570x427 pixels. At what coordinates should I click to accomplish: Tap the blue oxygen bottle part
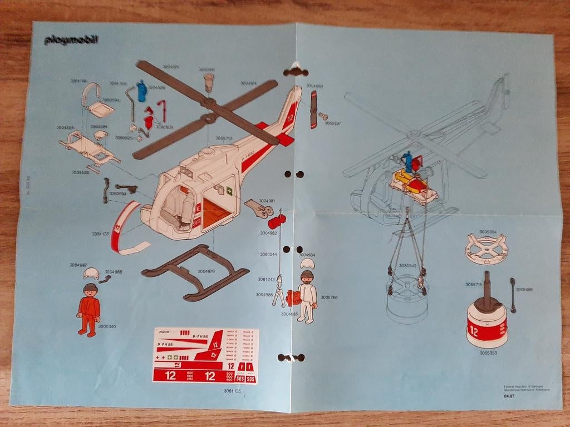(x=141, y=91)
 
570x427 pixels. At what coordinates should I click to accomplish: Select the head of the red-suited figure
(x=89, y=290)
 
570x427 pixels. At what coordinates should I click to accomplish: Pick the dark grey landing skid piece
(x=195, y=272)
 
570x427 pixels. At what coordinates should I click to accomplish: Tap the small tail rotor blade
(x=313, y=110)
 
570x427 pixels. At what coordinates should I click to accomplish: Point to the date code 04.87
(x=509, y=396)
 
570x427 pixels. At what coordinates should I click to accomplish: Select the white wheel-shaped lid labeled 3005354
(x=487, y=248)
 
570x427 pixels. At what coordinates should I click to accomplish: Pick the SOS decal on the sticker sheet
(x=240, y=378)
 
